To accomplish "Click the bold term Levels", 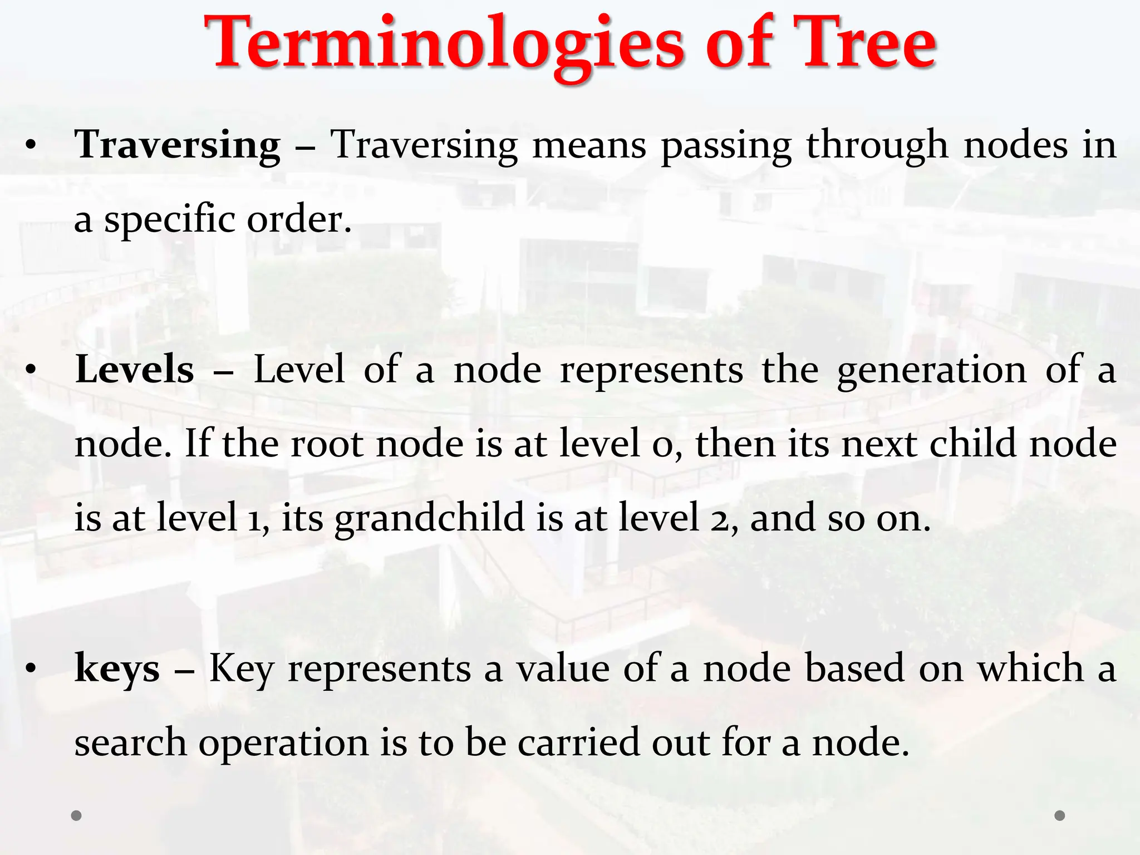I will [x=134, y=370].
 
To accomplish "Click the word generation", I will [x=931, y=370].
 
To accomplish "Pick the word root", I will [x=327, y=444].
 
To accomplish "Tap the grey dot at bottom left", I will [x=77, y=815].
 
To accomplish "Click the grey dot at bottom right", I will [x=1060, y=815].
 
